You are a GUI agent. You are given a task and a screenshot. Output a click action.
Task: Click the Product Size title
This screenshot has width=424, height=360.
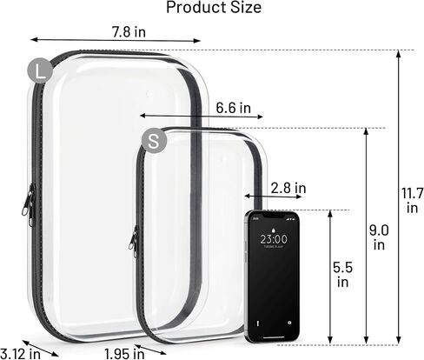point(214,7)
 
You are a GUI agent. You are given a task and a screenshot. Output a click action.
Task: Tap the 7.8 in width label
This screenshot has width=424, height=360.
point(129,31)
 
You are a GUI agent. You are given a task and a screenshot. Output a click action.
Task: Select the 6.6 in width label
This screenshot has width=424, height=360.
point(234,108)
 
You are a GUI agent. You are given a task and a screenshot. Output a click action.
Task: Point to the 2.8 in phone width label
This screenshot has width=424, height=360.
point(288,188)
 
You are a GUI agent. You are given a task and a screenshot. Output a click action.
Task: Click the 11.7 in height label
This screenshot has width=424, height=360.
point(412,201)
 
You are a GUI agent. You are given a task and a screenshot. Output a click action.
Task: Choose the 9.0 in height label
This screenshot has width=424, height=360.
point(379,237)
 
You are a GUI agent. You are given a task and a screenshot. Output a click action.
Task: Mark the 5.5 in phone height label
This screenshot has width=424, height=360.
point(342,275)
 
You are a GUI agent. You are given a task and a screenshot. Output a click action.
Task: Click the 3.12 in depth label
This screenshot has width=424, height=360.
point(20,354)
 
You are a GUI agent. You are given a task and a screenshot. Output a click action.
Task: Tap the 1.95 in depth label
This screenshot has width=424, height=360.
point(124,354)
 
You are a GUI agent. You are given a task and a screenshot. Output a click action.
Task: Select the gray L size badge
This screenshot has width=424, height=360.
point(40,70)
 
